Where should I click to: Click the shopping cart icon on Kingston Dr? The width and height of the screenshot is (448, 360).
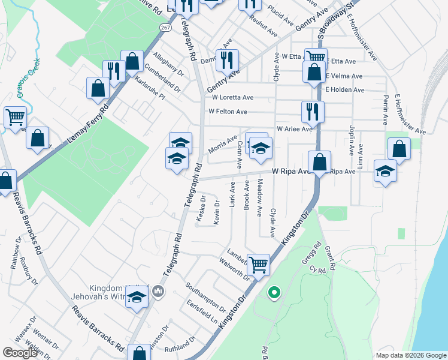point(258,264)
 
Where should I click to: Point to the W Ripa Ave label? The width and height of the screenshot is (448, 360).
point(290,171)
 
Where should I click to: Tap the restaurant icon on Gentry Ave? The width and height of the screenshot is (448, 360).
point(227,60)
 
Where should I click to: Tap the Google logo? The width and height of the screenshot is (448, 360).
point(20,353)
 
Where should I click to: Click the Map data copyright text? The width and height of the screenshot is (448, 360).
point(411,355)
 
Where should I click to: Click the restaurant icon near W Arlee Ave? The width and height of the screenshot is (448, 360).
point(312,112)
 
